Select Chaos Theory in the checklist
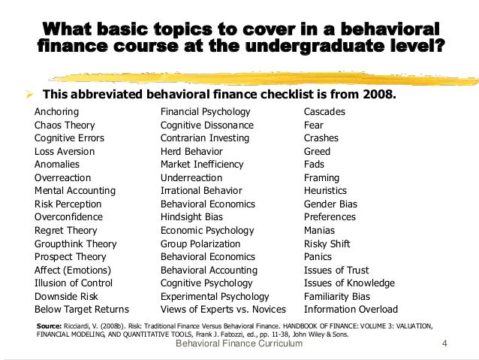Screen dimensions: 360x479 click(66, 125)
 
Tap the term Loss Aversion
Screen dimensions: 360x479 click(65, 151)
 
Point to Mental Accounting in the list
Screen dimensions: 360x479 click(75, 191)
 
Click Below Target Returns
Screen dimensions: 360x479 click(82, 309)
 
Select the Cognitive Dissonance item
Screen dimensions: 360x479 click(207, 125)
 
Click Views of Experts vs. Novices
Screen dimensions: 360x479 click(223, 309)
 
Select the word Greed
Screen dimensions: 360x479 click(317, 151)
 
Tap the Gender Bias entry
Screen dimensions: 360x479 click(330, 204)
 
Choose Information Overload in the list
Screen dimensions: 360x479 click(351, 309)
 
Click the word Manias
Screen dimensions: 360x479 click(319, 230)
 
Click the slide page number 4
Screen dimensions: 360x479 click(445, 343)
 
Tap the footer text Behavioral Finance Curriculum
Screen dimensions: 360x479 click(238, 343)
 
